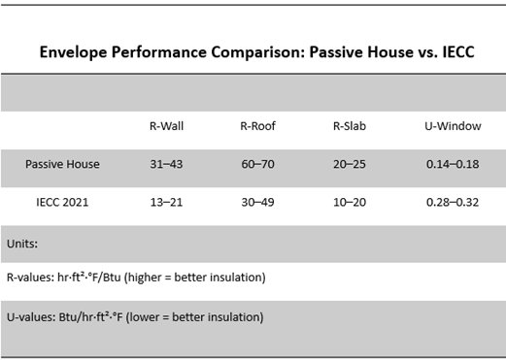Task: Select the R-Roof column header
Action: point(257,126)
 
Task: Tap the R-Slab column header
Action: point(350,126)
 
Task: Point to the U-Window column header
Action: point(453,126)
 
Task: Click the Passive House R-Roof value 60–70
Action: point(257,164)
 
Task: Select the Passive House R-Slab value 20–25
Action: point(350,164)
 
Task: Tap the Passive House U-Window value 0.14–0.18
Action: point(453,164)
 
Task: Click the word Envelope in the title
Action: point(75,51)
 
